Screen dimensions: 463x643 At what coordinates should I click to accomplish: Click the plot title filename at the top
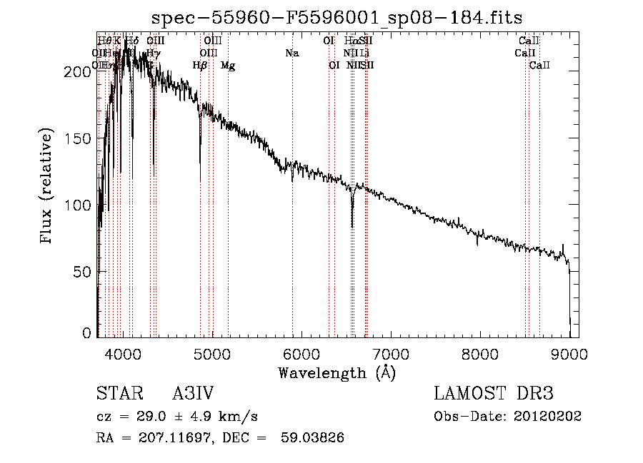coord(337,18)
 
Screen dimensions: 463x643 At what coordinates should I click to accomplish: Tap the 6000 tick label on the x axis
coord(301,354)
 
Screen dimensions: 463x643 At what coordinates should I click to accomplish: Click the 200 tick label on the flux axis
coord(80,71)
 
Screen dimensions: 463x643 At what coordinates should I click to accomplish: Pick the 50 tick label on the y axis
coord(84,272)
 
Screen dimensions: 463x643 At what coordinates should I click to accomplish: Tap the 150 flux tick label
coord(80,138)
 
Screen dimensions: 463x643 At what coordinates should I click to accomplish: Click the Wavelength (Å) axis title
coord(337,372)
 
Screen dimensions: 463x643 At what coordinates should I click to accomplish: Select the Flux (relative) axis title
coord(48,187)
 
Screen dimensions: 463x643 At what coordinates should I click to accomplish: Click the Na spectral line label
coord(291,53)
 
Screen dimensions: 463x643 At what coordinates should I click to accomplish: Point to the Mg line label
coord(228,66)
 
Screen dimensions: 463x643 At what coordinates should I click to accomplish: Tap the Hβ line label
coord(200,66)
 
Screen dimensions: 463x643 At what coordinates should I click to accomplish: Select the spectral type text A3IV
coord(194,395)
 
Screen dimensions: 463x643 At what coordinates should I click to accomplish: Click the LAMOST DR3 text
coord(494,395)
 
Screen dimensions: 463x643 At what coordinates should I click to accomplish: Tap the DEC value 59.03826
coord(313,438)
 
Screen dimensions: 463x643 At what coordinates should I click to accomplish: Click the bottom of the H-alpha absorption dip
coord(352,225)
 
